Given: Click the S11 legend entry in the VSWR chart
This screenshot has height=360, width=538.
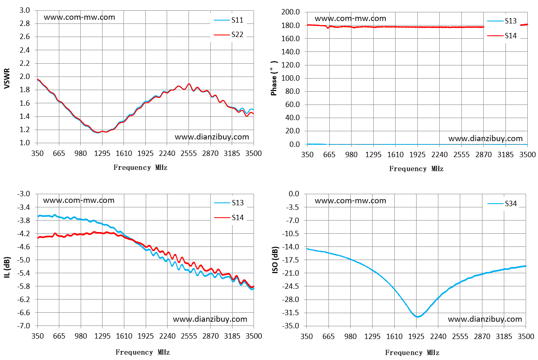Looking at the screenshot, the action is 228,20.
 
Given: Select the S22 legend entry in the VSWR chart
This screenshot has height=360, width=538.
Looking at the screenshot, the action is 228,35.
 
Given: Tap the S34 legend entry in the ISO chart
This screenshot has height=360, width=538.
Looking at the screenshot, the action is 502,204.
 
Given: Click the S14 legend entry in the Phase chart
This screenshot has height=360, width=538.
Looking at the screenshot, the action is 502,36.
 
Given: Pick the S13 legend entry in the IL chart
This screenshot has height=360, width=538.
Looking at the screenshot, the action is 229,203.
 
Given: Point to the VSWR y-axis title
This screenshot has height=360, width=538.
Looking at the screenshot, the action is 7,79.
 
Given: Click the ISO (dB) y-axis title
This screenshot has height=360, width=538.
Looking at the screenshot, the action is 275,260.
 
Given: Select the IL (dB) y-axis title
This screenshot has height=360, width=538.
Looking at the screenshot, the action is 7,267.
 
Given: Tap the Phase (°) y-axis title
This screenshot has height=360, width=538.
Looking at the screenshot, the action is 274,78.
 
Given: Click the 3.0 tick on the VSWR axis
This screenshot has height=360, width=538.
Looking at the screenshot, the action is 25,10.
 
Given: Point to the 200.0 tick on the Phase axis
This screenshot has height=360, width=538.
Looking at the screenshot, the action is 291,12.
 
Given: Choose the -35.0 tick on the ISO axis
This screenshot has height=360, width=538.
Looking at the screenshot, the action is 290,326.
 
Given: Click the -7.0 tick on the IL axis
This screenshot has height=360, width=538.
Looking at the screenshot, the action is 23,326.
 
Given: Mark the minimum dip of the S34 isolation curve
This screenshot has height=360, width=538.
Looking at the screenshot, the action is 418,317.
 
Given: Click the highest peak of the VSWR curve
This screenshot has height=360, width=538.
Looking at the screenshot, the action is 189,84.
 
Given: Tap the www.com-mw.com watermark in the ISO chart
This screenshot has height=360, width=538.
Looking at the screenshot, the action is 350,201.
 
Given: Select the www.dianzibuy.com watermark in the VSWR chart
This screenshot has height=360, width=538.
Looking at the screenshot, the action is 212,137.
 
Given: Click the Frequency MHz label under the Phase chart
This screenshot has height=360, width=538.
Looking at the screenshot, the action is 416,169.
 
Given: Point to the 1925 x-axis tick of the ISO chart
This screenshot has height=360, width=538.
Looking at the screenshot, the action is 416,337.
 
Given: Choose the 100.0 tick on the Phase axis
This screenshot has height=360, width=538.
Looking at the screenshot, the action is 291,78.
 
